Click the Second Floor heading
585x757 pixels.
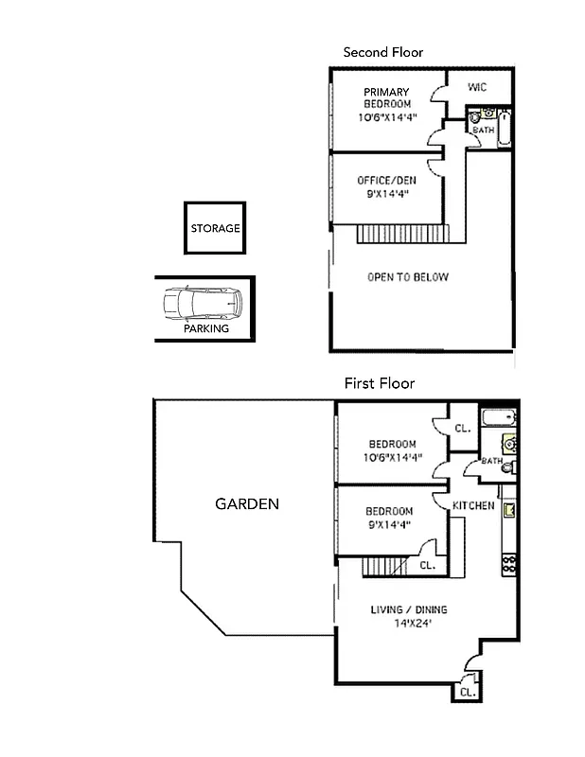tap(382, 52)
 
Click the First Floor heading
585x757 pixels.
tap(379, 383)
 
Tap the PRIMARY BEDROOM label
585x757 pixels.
tap(386, 97)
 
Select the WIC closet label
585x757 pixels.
tap(477, 87)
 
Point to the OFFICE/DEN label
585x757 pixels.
tap(386, 181)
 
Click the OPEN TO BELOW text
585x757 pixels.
tap(408, 277)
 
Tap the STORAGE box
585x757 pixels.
tap(215, 228)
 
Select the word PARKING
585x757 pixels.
tap(205, 329)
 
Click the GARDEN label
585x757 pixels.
tap(247, 503)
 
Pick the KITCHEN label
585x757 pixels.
tap(473, 505)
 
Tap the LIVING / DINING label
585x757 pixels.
tap(408, 609)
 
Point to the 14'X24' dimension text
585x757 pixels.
tap(408, 623)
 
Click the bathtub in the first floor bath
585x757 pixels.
tap(497, 418)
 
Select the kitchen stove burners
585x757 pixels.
tap(508, 564)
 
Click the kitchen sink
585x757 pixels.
tap(508, 511)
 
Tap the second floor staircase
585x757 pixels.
tap(401, 233)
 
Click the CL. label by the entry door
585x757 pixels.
tap(466, 692)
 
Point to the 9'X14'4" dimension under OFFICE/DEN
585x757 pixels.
tap(386, 195)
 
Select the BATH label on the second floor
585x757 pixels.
tap(483, 131)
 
